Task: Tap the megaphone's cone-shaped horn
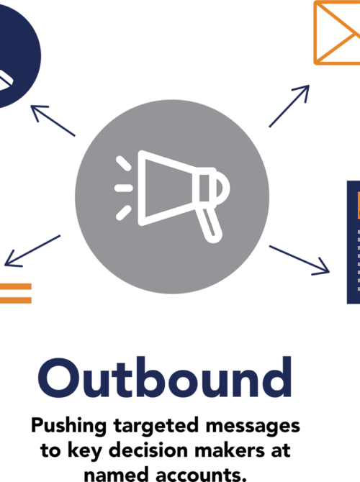tap(166, 188)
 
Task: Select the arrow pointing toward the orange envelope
tap(289, 106)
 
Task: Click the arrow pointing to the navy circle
tap(53, 121)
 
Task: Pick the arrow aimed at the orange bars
tap(32, 251)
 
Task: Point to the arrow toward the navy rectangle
tap(300, 260)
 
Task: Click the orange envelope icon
tap(337, 32)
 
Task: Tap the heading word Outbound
tap(165, 377)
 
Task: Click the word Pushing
tap(69, 427)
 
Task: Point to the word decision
tap(148, 450)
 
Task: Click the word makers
tap(230, 450)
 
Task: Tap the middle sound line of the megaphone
tap(124, 188)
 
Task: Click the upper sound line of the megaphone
tap(123, 163)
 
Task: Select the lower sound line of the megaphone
tap(123, 213)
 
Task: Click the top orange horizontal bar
tap(15, 287)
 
